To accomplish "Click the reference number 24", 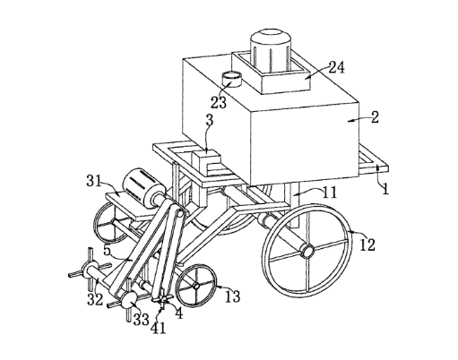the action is click(337, 68).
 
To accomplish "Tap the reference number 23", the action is click(219, 103).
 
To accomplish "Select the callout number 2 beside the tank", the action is click(375, 117).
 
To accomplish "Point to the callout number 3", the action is click(210, 121).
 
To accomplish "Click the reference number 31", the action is click(94, 181).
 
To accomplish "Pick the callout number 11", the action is click(329, 193).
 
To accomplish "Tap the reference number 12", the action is click(367, 245).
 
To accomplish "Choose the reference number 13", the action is click(232, 296).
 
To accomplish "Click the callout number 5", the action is click(107, 250).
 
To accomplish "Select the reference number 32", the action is click(95, 300).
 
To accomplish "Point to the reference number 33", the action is click(141, 320).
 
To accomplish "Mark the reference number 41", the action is click(158, 329).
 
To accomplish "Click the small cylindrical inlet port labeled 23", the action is click(231, 79).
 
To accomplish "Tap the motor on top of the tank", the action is click(271, 50).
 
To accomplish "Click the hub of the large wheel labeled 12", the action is click(307, 251).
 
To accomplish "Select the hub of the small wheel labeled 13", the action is click(196, 286).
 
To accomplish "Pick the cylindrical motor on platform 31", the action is click(143, 188).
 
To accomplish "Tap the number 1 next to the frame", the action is click(385, 189).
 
